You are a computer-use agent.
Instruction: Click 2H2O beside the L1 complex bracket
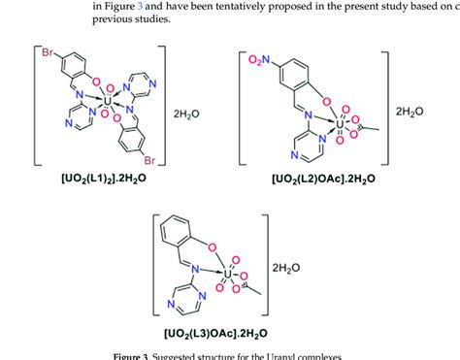(187, 110)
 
